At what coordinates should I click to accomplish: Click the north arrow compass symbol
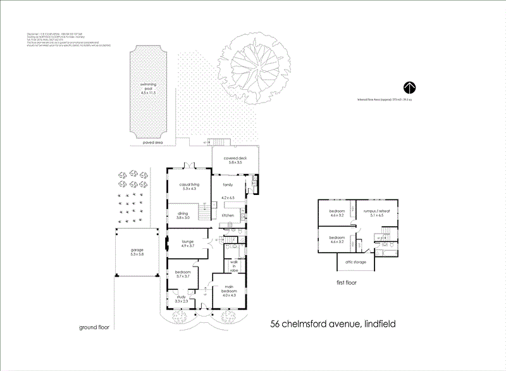coord(409,88)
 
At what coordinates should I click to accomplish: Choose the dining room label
coord(182,214)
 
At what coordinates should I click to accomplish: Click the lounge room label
coord(187,241)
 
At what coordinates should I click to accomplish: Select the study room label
coord(181,298)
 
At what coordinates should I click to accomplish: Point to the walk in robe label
coord(233,264)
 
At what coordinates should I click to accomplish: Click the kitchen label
coord(228,215)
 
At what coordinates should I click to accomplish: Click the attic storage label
coord(356,262)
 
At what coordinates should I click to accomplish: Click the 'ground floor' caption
coord(96,327)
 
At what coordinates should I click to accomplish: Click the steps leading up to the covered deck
coord(217,142)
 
